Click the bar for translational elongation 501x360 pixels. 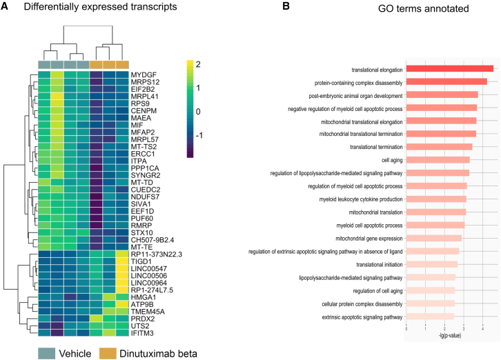(x=450, y=69)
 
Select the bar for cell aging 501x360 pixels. (x=438, y=160)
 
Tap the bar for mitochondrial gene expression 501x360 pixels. (x=434, y=239)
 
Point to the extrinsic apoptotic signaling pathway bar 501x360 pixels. (x=430, y=317)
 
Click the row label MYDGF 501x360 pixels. (x=144, y=75)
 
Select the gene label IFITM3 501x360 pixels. (x=142, y=333)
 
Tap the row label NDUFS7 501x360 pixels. (x=145, y=197)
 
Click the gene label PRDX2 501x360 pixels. (x=143, y=319)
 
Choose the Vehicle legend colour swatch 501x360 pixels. (x=47, y=354)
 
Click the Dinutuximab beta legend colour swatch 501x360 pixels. (x=108, y=354)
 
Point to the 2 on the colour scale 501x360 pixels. (x=198, y=65)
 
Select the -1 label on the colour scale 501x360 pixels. (x=199, y=135)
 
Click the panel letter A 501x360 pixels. (x=4, y=6)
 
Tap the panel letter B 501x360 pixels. (x=286, y=6)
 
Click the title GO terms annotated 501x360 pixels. (x=423, y=8)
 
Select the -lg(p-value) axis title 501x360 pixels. (x=449, y=336)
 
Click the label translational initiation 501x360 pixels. (x=380, y=265)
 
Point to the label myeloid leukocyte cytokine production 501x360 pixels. (x=361, y=199)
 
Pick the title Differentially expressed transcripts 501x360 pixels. (x=100, y=7)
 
